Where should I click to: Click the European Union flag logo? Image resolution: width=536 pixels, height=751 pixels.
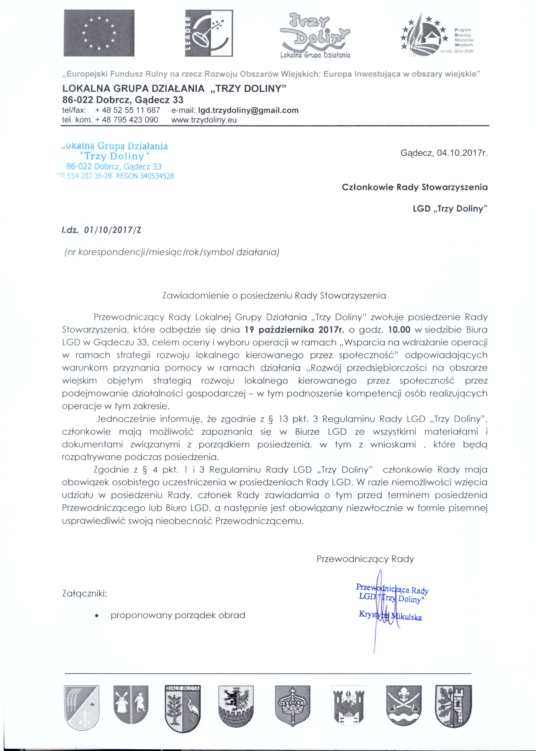99,33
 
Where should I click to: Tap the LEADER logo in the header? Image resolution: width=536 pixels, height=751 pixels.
209,33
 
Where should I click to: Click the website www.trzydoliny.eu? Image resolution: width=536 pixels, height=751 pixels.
204,120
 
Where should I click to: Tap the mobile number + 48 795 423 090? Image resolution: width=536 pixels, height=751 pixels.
126,120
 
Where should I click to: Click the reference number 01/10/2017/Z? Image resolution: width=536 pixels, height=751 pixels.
112,230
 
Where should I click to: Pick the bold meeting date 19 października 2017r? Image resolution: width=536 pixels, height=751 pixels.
294,330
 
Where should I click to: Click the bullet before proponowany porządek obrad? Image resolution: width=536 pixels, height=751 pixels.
97,615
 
